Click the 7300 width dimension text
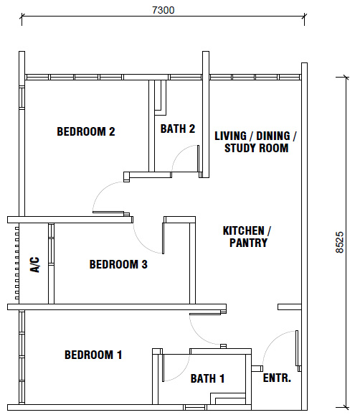pos(164,10)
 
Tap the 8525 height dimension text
pos(339,242)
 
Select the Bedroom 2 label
pos(86,131)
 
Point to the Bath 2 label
pos(178,129)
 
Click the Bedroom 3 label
pos(118,264)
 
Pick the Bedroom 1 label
pos(93,355)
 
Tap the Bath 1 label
pos(207,378)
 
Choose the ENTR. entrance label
pos(277,378)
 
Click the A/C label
pos(35,265)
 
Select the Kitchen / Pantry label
pos(247,236)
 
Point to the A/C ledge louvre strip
pos(16,263)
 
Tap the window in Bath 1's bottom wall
pos(195,407)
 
